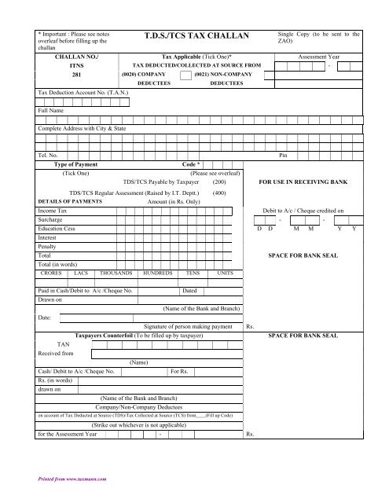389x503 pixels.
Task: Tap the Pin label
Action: (284, 156)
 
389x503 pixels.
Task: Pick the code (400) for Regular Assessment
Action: (219, 192)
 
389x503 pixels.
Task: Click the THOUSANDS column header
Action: (117, 273)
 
